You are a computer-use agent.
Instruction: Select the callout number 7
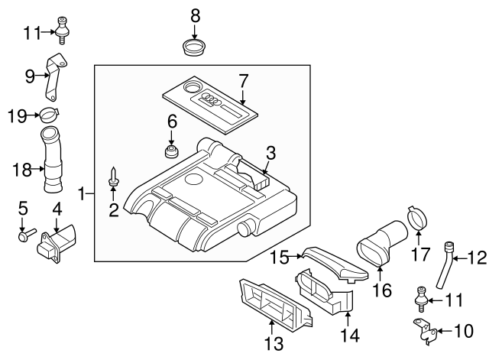pos(243,79)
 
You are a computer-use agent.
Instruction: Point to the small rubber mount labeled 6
pos(173,149)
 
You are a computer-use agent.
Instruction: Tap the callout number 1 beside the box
pos(82,195)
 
